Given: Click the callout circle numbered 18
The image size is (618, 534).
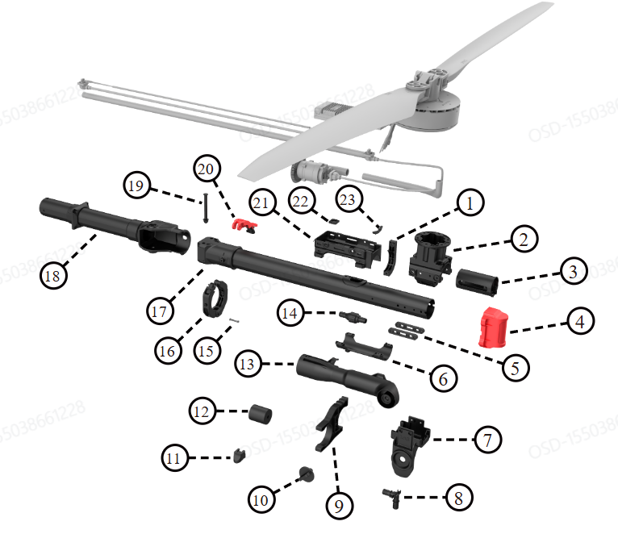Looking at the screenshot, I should [x=53, y=275].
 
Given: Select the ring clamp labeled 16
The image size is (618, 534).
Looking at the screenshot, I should [x=216, y=296].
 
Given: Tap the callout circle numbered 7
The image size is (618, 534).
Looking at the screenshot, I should [x=486, y=440].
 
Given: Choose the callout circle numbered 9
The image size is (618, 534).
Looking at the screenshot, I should [x=340, y=505].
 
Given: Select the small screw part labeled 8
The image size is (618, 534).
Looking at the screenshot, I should [x=394, y=499].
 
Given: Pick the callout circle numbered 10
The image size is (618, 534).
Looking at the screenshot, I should [x=260, y=500].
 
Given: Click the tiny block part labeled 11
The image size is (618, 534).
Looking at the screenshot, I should [x=239, y=456].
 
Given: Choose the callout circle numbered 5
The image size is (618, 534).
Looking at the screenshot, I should [x=515, y=367].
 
